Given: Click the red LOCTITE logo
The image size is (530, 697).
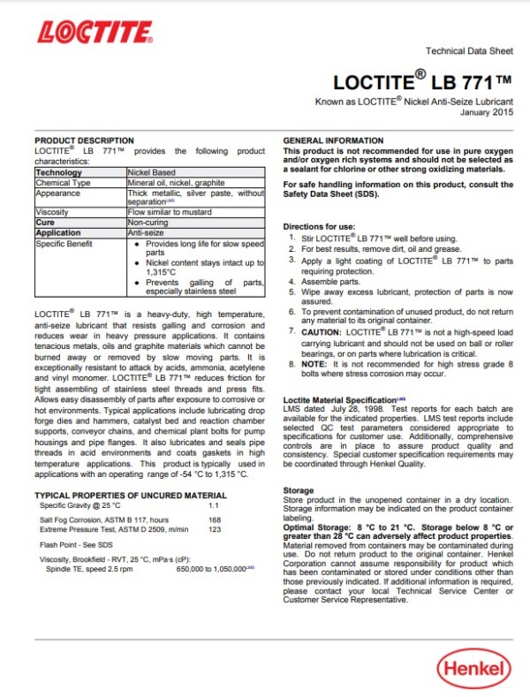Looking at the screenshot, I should pyautogui.click(x=95, y=34).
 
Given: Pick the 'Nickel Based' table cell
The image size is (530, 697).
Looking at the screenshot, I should pyautogui.click(x=152, y=172).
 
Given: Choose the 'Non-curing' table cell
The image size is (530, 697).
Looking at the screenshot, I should pyautogui.click(x=148, y=222).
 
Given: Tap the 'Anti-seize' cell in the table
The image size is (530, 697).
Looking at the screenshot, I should pyautogui.click(x=147, y=231).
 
